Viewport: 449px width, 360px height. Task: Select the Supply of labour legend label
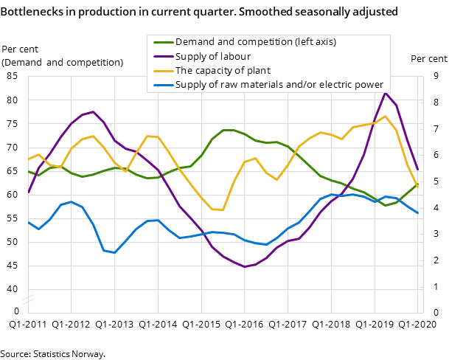[x=212, y=56]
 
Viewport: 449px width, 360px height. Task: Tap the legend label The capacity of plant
[x=223, y=71]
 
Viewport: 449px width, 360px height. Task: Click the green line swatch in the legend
[x=161, y=42]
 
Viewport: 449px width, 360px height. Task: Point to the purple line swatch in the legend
[x=161, y=56]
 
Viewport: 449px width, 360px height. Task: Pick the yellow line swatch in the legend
[x=161, y=71]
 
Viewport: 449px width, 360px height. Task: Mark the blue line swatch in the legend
[x=161, y=85]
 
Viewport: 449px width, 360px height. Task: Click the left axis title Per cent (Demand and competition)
[x=63, y=56]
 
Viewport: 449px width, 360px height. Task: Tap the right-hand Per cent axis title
[x=428, y=59]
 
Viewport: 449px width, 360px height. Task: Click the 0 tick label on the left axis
[x=16, y=312]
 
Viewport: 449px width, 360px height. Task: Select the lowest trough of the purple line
[x=244, y=266]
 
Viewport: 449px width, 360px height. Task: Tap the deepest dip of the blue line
[x=114, y=253]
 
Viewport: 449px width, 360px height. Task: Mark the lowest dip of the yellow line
[x=222, y=210]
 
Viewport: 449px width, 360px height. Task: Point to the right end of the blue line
[x=418, y=212]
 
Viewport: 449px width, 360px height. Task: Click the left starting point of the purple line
[x=28, y=193]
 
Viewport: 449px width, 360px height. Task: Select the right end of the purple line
[x=418, y=169]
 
